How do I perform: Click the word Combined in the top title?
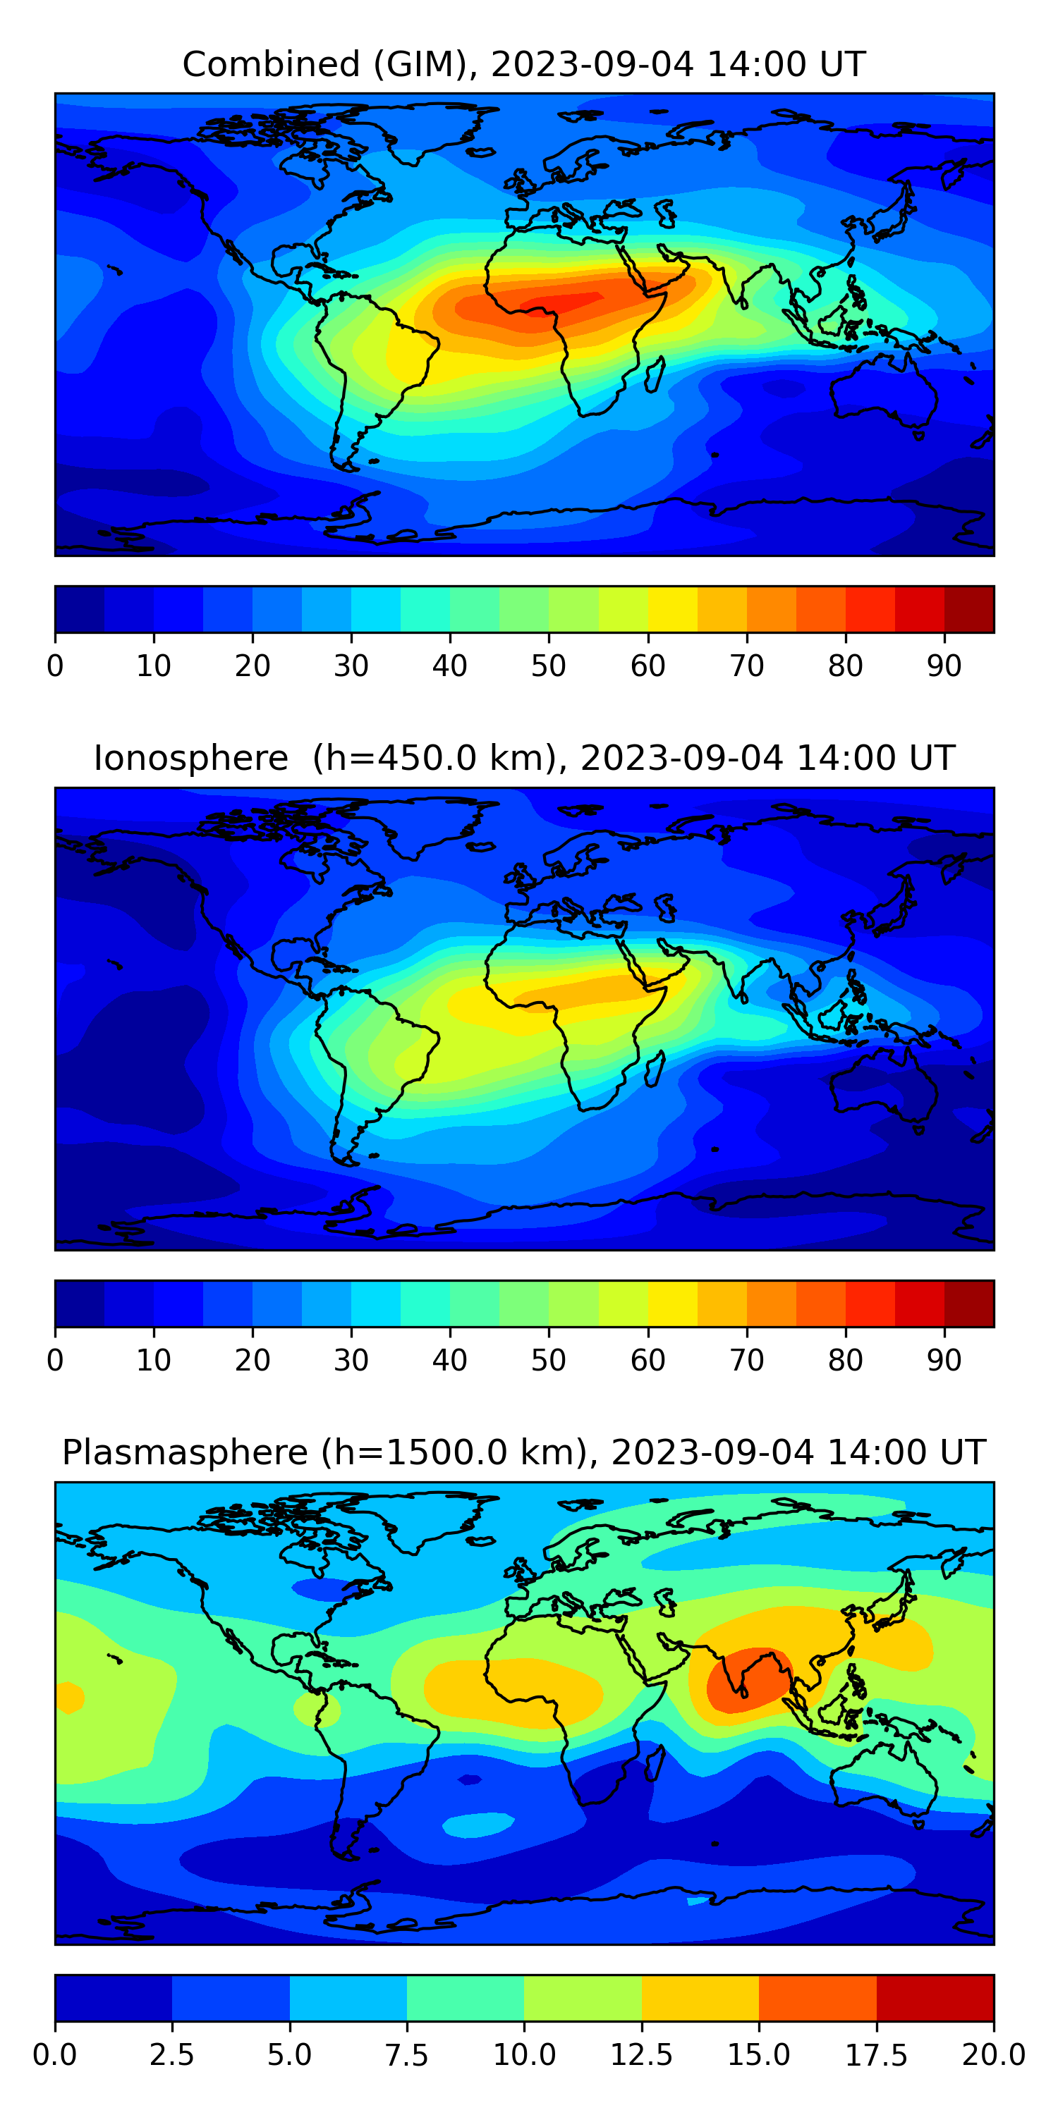point(271,64)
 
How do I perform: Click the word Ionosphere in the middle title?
point(190,758)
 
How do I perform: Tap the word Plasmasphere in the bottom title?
point(185,1452)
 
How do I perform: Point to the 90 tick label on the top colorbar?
point(944,666)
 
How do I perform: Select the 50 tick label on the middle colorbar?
point(548,1361)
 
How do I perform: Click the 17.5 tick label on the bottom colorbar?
point(877,2055)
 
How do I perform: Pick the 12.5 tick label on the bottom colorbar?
point(642,2055)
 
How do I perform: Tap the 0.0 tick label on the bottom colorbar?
point(55,2055)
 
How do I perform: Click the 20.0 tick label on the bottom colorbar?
point(993,2055)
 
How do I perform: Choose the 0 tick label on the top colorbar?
point(55,666)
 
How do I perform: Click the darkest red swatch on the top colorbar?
point(968,609)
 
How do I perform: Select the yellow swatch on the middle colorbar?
point(672,1304)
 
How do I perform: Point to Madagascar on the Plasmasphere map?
point(655,1762)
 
